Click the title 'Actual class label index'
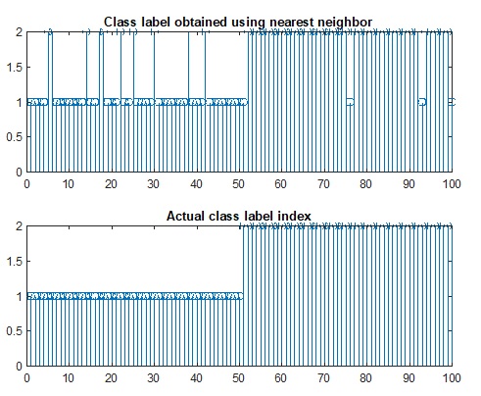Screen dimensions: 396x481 (x=239, y=216)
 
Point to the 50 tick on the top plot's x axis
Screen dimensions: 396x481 (x=239, y=183)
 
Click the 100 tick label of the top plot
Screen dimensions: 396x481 (x=451, y=183)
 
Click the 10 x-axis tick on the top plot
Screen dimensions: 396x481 (x=69, y=183)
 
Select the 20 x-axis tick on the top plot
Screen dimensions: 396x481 (x=112, y=183)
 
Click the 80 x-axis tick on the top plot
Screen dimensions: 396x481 (x=365, y=183)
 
